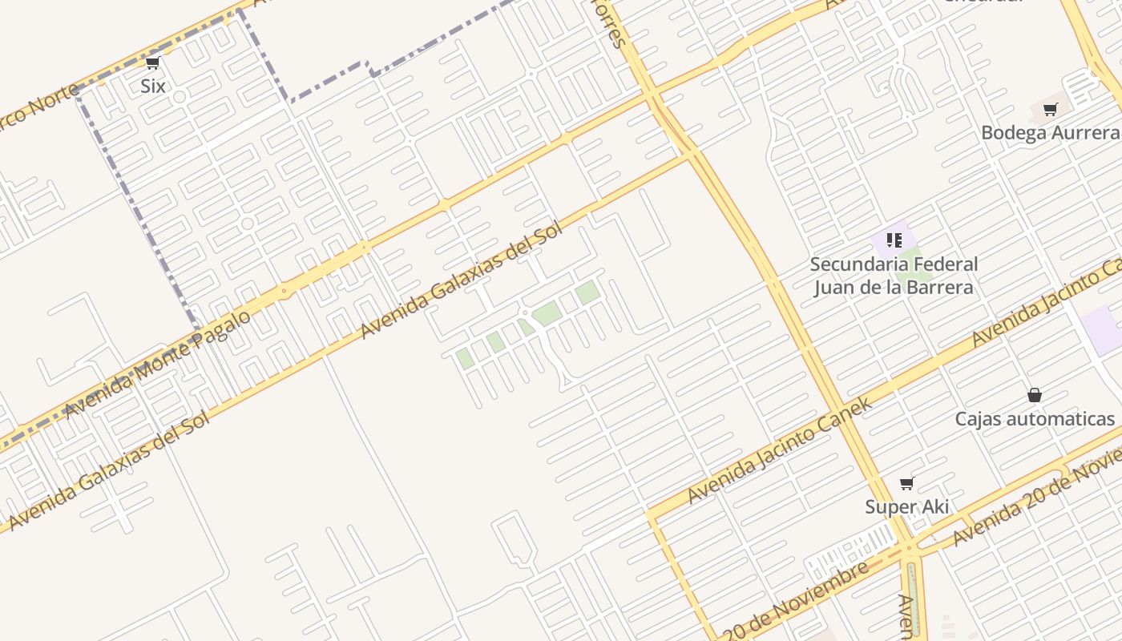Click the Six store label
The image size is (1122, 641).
[x=152, y=86]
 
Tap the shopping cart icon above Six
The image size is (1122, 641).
[x=152, y=63]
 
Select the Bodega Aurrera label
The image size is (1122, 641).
[x=1050, y=132]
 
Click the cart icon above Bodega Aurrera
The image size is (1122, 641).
[x=1050, y=110]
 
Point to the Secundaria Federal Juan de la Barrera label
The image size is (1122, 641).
[x=894, y=276]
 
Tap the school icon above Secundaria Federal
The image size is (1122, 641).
[x=894, y=240]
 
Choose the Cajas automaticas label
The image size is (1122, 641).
[x=1035, y=418]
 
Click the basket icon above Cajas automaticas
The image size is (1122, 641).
[x=1035, y=395]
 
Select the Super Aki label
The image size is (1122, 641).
[x=907, y=506]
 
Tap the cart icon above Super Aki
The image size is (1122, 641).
[x=907, y=483]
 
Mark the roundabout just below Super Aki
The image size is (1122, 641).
[x=909, y=550]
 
